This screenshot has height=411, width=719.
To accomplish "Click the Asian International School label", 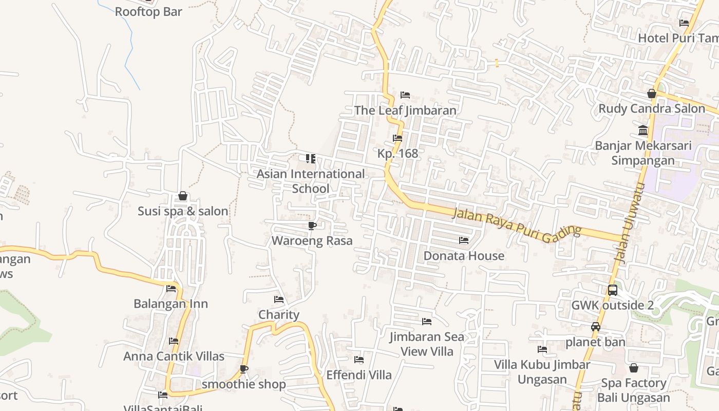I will pyautogui.click(x=311, y=181).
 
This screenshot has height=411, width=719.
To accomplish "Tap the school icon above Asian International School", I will pyautogui.click(x=310, y=159).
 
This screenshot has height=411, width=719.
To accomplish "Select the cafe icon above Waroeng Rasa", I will pyautogui.click(x=312, y=226).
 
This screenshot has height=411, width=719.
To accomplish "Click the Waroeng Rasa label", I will pyautogui.click(x=312, y=240).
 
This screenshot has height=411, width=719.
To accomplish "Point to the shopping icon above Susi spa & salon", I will pyautogui.click(x=182, y=196).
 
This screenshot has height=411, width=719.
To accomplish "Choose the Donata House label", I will pyautogui.click(x=464, y=255).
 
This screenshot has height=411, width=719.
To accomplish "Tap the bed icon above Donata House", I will pyautogui.click(x=464, y=240).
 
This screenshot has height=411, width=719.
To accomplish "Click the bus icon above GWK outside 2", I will pyautogui.click(x=613, y=290).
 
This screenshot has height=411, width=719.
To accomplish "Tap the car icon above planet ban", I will pyautogui.click(x=596, y=327).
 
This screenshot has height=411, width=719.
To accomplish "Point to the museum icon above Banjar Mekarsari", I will pyautogui.click(x=643, y=130).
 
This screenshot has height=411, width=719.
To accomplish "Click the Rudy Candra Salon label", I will pyautogui.click(x=652, y=108).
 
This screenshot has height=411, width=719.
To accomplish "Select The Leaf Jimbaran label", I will pyautogui.click(x=405, y=110).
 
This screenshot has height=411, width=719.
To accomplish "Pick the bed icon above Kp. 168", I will pyautogui.click(x=398, y=138).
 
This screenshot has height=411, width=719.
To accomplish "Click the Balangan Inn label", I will pyautogui.click(x=171, y=304).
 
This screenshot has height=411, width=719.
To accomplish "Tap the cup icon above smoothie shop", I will pyautogui.click(x=244, y=369).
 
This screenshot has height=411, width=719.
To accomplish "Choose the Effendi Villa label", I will pyautogui.click(x=359, y=375).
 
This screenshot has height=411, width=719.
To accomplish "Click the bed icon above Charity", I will pyautogui.click(x=279, y=300).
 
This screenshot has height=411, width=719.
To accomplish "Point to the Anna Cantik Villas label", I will pyautogui.click(x=174, y=356).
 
